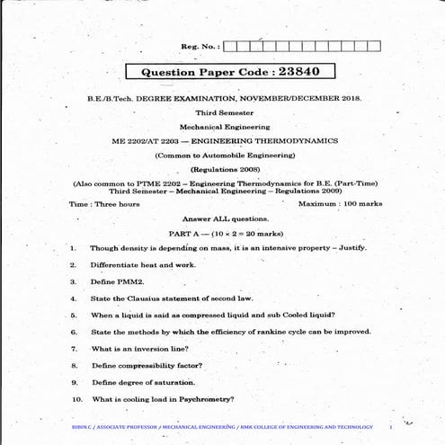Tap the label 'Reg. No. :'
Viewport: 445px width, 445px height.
[x=200, y=46]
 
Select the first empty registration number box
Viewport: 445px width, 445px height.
[x=230, y=46]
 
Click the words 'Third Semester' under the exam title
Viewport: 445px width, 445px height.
[x=225, y=112]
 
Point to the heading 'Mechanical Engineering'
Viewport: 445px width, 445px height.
[x=224, y=127]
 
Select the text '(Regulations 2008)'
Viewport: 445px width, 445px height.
[x=224, y=169]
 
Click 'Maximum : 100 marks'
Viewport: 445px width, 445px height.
[x=340, y=204]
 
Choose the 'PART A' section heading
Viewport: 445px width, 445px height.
[x=175, y=233]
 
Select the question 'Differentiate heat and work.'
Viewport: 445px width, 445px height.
[x=143, y=265]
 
